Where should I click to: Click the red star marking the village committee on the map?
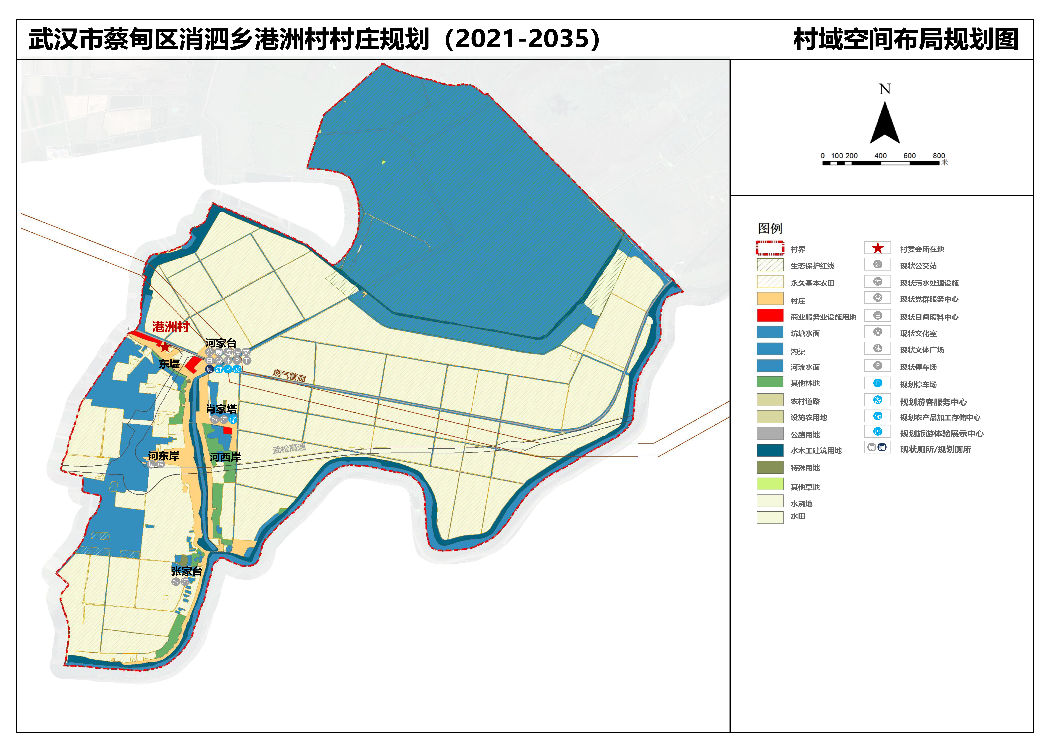click(165, 347)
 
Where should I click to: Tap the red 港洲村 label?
click(171, 327)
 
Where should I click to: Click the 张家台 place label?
click(186, 571)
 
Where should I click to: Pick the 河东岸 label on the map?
click(163, 456)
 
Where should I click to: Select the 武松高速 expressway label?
click(289, 448)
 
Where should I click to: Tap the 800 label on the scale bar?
click(939, 156)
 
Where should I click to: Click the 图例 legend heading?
click(770, 228)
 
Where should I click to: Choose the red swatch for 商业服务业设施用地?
click(770, 316)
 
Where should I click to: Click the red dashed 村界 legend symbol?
click(770, 248)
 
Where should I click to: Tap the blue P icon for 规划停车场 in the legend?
click(878, 383)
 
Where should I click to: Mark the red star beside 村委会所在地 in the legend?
click(878, 248)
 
